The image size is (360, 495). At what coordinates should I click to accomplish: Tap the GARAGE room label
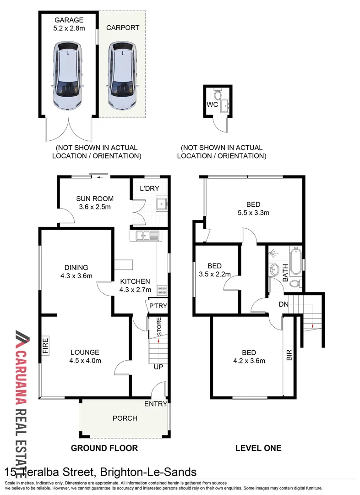click(69, 20)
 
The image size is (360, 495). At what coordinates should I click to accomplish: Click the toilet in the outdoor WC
click(218, 95)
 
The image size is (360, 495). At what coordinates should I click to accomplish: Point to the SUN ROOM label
click(94, 198)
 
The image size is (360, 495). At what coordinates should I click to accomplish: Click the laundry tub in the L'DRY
click(161, 203)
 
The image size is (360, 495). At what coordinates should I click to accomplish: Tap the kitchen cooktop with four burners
click(162, 290)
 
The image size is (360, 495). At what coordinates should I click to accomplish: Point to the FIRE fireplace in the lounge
click(45, 344)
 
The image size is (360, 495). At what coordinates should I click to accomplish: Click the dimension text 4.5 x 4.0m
click(85, 361)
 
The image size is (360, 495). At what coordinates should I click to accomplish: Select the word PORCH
click(125, 418)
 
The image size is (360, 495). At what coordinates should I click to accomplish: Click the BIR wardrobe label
click(289, 355)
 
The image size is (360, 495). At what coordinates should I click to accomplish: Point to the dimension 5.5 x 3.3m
click(253, 212)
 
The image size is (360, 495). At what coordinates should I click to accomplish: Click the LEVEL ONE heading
click(258, 448)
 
